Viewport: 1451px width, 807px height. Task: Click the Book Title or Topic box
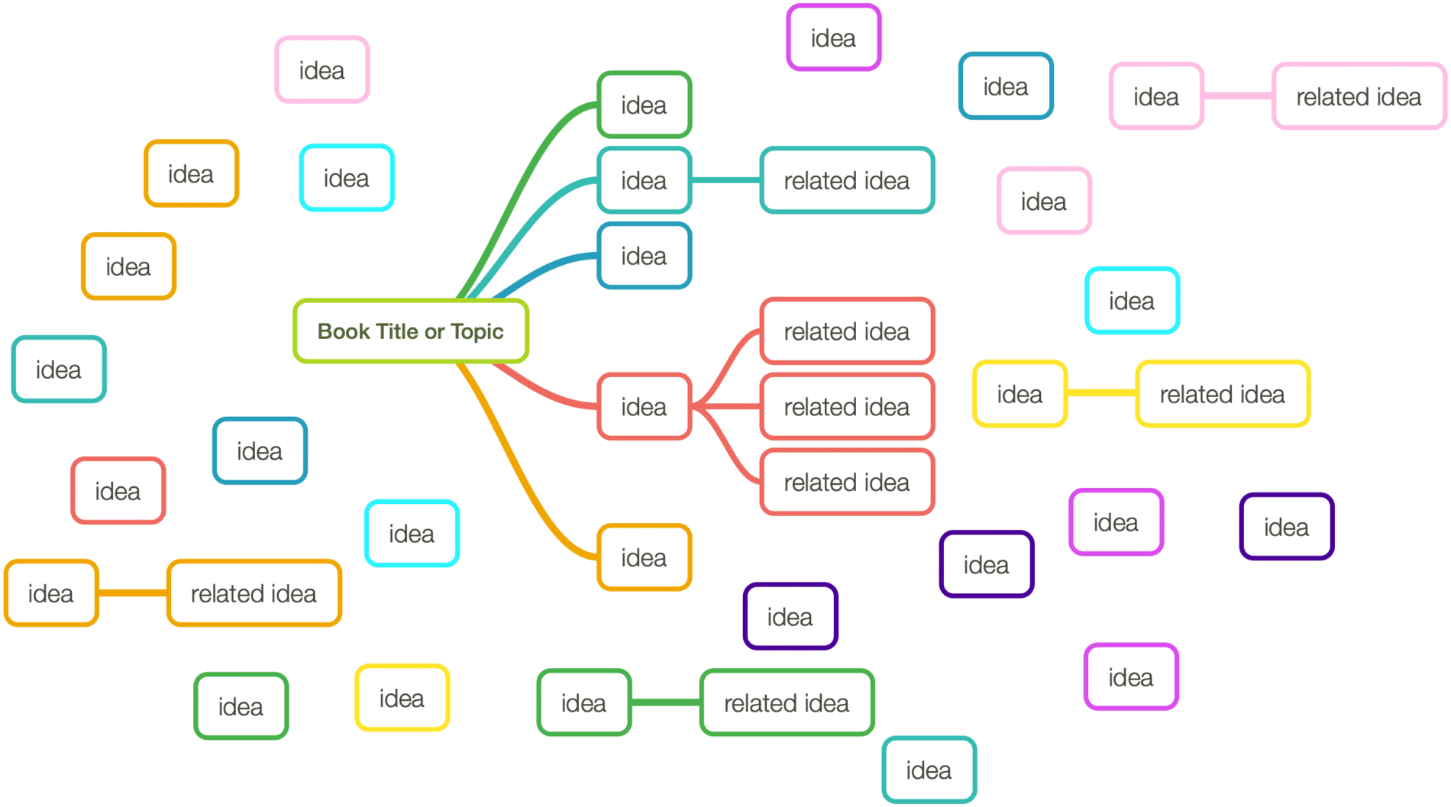coord(411,331)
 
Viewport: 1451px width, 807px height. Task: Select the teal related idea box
coord(847,181)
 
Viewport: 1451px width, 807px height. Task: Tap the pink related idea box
coord(1359,97)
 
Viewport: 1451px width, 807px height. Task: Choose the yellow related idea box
coord(1222,395)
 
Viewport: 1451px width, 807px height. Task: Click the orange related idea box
coord(254,594)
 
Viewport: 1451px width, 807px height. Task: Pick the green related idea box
coord(787,703)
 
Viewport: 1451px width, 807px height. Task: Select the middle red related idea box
coord(847,407)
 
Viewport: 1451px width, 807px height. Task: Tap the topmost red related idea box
coord(847,332)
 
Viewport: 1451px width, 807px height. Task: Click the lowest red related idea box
coord(847,483)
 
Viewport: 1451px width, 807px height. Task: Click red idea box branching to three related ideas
coord(644,407)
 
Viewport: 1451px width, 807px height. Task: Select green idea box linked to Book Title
coord(644,105)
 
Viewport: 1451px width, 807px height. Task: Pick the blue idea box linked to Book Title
coord(644,257)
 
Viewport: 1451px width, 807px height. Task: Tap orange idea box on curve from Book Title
coord(644,558)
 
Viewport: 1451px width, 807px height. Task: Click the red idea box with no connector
coord(118,492)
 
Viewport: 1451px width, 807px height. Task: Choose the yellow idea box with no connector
coord(402,699)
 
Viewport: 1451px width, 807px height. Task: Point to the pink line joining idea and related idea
coord(1238,97)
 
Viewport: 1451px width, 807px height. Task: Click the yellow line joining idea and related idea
coord(1101,393)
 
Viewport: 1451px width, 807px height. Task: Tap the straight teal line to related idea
coord(725,181)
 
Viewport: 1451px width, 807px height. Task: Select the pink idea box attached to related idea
coord(1155,97)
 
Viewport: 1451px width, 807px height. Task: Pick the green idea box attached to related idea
coord(583,703)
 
